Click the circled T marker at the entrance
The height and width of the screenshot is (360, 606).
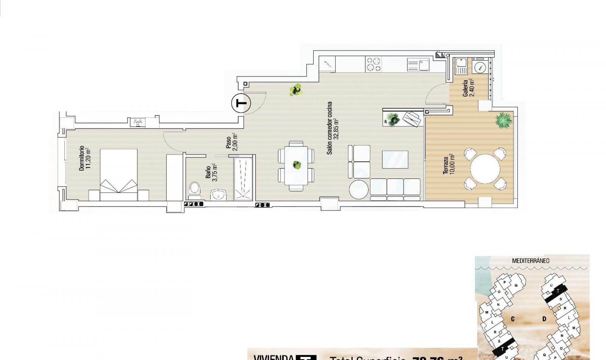[x=241, y=103]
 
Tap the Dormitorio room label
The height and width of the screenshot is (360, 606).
[x=85, y=158]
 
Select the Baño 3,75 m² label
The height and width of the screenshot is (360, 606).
[x=211, y=172]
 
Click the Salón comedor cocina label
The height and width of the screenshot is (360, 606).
[x=333, y=128]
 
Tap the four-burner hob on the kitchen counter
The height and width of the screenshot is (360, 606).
[x=373, y=64]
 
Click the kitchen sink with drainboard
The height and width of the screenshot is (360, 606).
[x=418, y=65]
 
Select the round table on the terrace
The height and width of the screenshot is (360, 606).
[x=485, y=169]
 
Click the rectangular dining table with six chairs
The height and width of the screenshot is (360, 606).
[x=296, y=165]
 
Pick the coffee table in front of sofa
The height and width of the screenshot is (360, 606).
[x=395, y=159]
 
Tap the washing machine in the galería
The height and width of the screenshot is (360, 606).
[x=480, y=68]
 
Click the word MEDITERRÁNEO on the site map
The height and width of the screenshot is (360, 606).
[x=531, y=261]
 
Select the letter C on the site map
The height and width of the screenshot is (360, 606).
[x=513, y=319]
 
